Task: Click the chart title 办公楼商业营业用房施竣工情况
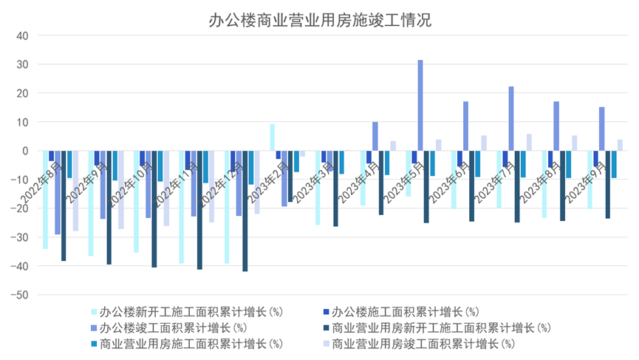pyautogui.click(x=319, y=20)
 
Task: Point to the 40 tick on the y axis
pyautogui.click(x=22, y=35)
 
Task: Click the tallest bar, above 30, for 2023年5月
pyautogui.click(x=420, y=105)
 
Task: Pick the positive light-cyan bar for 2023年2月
pyautogui.click(x=273, y=137)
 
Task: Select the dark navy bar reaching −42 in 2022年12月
pyautogui.click(x=245, y=211)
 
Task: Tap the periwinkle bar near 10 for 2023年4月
pyautogui.click(x=375, y=136)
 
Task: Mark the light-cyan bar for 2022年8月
pyautogui.click(x=46, y=200)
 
